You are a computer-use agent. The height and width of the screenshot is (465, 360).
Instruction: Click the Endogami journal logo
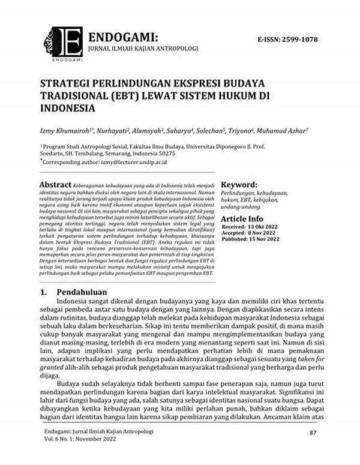[x=63, y=42]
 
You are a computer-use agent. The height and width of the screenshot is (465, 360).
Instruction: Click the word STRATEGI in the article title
[x=67, y=82]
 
